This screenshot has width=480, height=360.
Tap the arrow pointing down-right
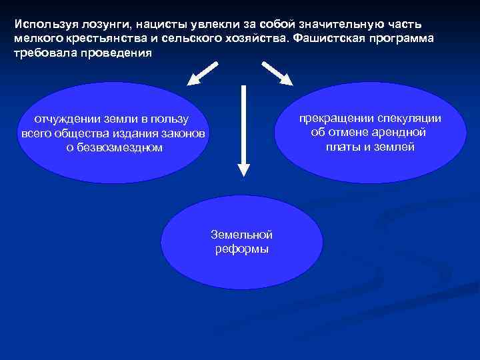pos(277,73)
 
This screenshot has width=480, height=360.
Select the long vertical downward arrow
pos(244,133)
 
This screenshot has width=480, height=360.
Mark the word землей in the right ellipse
pos(397,147)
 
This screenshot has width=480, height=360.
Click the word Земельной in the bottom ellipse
pos(241,235)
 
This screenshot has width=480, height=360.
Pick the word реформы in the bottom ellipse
pos(241,249)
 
